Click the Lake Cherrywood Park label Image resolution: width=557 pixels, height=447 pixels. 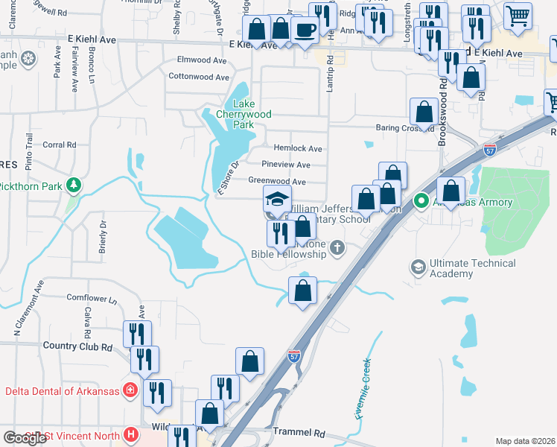[x=243, y=114]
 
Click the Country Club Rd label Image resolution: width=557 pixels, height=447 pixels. [x=77, y=346]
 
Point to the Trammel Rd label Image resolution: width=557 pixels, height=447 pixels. [x=299, y=433]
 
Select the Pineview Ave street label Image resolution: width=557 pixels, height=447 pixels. [x=286, y=165]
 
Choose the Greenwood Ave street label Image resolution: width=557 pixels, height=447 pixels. [x=277, y=181]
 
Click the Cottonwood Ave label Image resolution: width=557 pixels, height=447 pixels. [x=199, y=77]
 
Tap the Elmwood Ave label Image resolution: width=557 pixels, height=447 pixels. [x=201, y=60]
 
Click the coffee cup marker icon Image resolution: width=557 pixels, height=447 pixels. [x=305, y=30]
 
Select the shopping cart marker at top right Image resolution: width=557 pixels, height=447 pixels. [x=518, y=14]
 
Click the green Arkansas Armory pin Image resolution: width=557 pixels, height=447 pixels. [x=421, y=200]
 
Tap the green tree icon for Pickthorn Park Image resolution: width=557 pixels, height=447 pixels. [x=73, y=185]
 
